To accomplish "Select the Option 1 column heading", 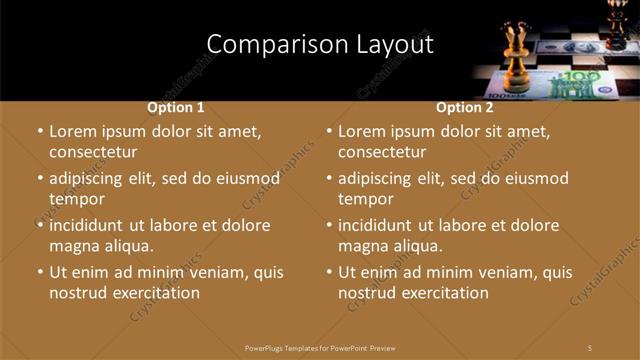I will pyautogui.click(x=176, y=107).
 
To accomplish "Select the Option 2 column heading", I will pyautogui.click(x=464, y=107).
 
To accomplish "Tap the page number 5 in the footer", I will pyautogui.click(x=590, y=347).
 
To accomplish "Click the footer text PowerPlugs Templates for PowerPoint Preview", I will pyautogui.click(x=320, y=347).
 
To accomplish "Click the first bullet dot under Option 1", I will pyautogui.click(x=40, y=132).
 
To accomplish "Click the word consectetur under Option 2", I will pyautogui.click(x=382, y=153).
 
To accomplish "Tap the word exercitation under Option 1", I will pyautogui.click(x=146, y=293).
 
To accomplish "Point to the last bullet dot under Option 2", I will pyautogui.click(x=329, y=272).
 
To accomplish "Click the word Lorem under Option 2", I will pyautogui.click(x=362, y=131).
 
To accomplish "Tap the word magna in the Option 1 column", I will pyautogui.click(x=73, y=246).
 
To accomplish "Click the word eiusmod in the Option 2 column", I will pyautogui.click(x=534, y=178).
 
